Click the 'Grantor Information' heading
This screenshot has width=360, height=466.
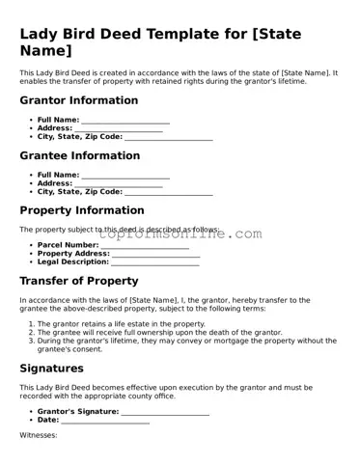(78, 99)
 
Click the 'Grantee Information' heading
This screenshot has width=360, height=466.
(79, 155)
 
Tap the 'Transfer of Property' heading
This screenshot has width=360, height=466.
(79, 281)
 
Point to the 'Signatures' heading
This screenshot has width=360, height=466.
(52, 368)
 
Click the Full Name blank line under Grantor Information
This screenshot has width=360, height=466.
(125, 121)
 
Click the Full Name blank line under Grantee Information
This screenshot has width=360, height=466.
(125, 176)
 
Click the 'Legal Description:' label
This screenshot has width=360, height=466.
(73, 261)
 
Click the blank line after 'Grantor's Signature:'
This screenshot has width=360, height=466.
(165, 412)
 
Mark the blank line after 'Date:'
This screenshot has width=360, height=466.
(105, 421)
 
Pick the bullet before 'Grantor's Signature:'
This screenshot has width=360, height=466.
(31, 412)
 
